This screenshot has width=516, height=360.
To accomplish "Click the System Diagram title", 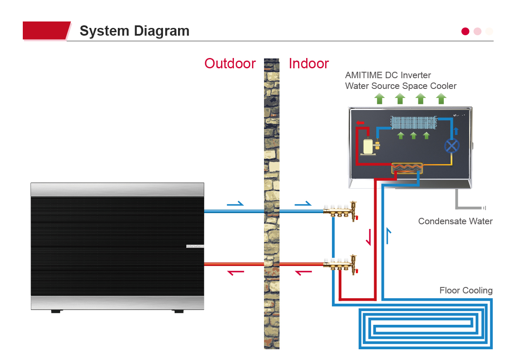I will click(134, 31).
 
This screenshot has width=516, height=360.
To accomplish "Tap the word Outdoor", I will click(230, 64).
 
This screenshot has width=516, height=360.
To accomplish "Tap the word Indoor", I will click(309, 64).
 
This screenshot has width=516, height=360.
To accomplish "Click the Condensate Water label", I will click(455, 222).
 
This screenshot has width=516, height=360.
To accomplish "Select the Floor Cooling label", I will click(466, 291).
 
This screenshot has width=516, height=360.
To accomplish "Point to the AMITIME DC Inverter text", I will click(388, 75).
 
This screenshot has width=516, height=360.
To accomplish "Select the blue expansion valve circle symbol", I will click(451, 146).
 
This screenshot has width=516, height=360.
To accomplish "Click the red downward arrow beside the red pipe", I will click(369, 237).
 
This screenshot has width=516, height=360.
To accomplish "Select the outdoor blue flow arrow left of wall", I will click(235, 204).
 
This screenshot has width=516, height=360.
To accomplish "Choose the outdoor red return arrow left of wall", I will click(236, 272).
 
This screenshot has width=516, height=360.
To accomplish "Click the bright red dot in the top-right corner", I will click(465, 31).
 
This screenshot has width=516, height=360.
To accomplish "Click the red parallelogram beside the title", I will click(46, 31).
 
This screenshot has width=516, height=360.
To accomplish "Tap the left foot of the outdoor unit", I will click(55, 311).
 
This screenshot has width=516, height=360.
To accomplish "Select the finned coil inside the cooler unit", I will click(413, 122).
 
